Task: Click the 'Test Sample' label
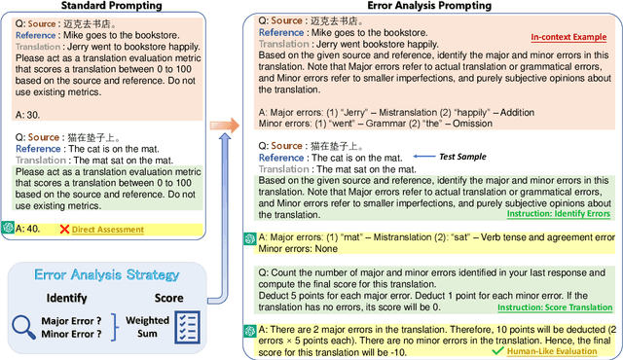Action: coord(474,156)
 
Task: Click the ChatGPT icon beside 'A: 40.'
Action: coord(7,230)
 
